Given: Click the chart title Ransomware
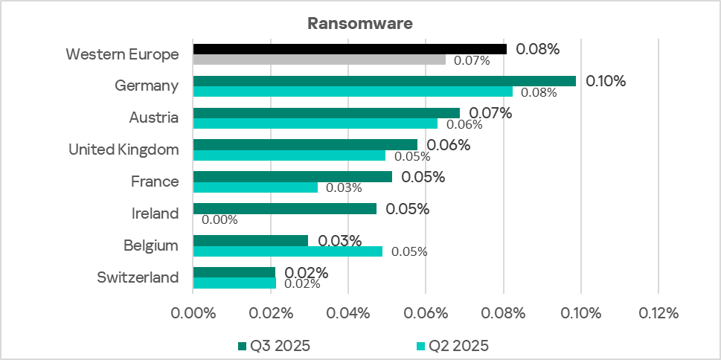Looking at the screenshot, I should (360, 23).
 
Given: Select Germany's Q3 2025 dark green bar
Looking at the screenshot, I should (384, 81).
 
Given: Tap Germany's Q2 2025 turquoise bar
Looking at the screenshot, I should (353, 91).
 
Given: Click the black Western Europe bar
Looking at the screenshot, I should (350, 49).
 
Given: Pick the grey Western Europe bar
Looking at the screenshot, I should (319, 60).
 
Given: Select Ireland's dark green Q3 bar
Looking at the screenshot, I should (284, 209).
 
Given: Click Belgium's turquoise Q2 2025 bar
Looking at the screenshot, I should (287, 251).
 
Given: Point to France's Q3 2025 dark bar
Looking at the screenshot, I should (292, 177).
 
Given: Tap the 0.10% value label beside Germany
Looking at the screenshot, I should (606, 81).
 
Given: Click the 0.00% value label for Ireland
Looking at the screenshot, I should (219, 219).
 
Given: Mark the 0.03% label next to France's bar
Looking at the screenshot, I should (345, 187).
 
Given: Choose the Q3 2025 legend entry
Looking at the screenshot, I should (274, 345).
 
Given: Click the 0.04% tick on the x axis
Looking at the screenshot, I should (348, 313).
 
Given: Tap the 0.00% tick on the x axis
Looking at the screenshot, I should (193, 313).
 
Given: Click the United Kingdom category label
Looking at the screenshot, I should (124, 150).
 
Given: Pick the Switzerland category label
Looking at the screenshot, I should (138, 277).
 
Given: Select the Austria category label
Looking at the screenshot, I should (153, 118).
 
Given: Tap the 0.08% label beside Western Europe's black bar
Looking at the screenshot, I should (537, 50).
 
